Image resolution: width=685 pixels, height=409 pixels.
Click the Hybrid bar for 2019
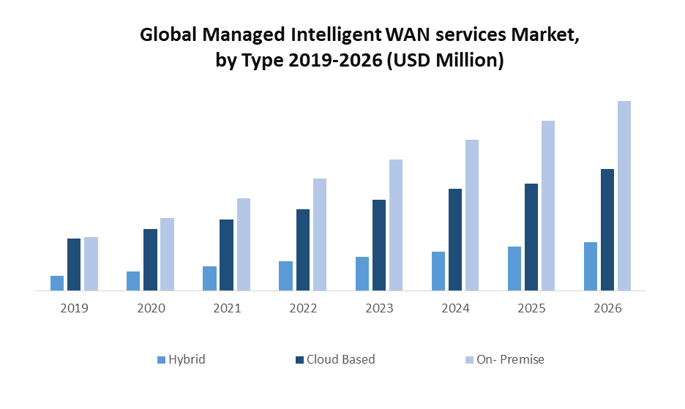click(x=57, y=283)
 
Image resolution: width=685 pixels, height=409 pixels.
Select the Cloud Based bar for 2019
click(x=74, y=264)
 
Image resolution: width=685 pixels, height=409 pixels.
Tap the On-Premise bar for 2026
click(x=624, y=195)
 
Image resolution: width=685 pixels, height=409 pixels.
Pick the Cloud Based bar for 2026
click(x=607, y=230)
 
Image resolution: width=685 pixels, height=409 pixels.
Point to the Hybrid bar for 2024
click(x=438, y=271)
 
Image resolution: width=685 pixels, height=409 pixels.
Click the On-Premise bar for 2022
click(x=319, y=234)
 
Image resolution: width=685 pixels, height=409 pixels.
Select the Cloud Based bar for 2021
click(x=226, y=255)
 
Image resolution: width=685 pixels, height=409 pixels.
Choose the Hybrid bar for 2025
click(x=514, y=269)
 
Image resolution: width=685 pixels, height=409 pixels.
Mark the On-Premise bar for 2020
click(x=167, y=254)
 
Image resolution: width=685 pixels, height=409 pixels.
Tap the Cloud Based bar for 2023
click(x=379, y=245)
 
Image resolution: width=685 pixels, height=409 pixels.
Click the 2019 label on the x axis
click(x=75, y=309)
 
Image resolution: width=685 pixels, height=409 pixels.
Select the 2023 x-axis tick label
click(x=379, y=309)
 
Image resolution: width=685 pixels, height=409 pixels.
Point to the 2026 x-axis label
click(x=607, y=309)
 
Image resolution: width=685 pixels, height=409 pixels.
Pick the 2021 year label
click(x=227, y=309)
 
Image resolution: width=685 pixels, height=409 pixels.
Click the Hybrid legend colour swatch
click(x=162, y=360)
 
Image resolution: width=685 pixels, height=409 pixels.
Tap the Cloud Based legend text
click(x=340, y=359)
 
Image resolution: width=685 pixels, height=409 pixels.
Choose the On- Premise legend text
click(x=510, y=359)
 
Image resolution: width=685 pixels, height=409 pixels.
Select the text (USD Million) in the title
click(x=444, y=61)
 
